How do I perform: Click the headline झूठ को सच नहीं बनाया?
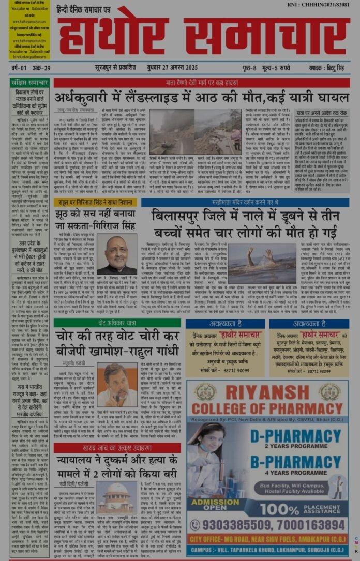coord(95,218)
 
